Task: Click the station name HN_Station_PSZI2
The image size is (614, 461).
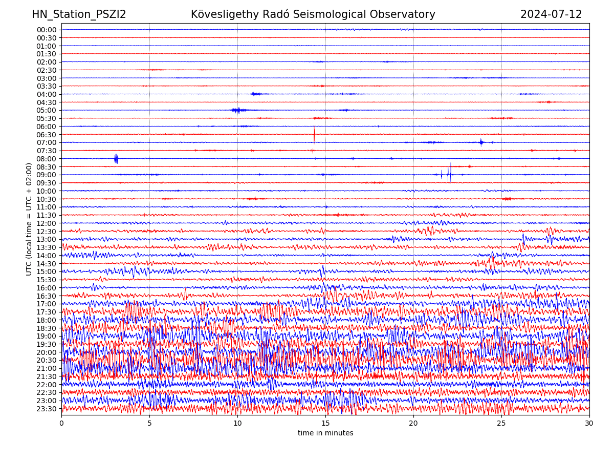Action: (79, 14)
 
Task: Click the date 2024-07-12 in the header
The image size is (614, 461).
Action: (551, 14)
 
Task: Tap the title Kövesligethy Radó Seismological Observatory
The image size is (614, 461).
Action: (313, 14)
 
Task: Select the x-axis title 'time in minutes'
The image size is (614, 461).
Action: (325, 433)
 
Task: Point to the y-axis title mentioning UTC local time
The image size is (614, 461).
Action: (29, 219)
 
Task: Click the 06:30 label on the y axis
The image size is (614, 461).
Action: (46, 134)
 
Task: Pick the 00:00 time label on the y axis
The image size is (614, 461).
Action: (46, 30)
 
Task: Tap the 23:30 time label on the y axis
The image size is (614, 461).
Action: (46, 409)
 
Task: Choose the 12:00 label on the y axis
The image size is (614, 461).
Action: (46, 223)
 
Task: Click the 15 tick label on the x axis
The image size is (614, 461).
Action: (325, 424)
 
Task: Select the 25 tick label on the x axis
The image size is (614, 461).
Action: (501, 424)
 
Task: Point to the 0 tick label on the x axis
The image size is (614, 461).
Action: (61, 424)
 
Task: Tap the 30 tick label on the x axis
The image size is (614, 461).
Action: (589, 424)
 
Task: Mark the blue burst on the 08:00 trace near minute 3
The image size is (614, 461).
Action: (116, 159)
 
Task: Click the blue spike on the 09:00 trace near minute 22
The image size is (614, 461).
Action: (449, 174)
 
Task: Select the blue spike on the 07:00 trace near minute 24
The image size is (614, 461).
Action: (481, 142)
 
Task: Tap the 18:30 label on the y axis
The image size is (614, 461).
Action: (46, 328)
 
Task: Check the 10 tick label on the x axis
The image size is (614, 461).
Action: (237, 424)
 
